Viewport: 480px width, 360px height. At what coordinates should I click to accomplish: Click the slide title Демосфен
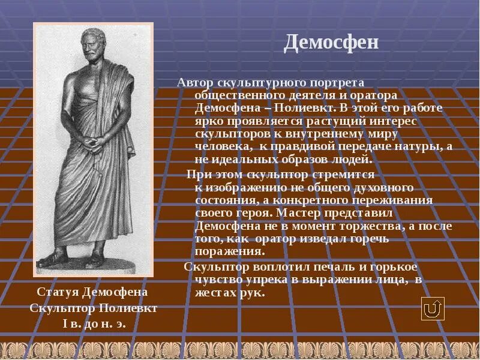(331, 43)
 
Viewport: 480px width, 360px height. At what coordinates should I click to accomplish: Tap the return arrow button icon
(432, 308)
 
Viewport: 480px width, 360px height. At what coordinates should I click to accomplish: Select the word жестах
(215, 293)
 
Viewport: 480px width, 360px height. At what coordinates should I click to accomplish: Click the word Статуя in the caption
(58, 292)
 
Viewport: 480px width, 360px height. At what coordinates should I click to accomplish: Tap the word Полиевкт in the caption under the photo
(127, 308)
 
